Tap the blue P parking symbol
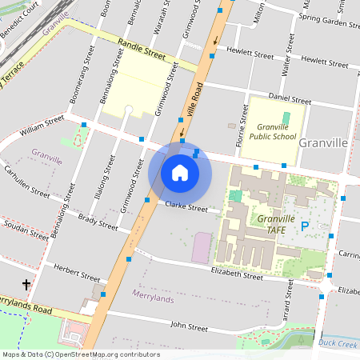[x=305, y=227]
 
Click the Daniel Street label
[x=289, y=100]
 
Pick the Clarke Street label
[x=186, y=206]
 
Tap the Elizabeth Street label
[x=237, y=274]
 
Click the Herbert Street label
[x=74, y=273]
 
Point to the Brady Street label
[x=98, y=222]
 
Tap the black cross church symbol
[x=26, y=285]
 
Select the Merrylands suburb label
[x=152, y=297]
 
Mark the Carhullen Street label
[x=26, y=182]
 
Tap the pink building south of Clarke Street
[x=202, y=247]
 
